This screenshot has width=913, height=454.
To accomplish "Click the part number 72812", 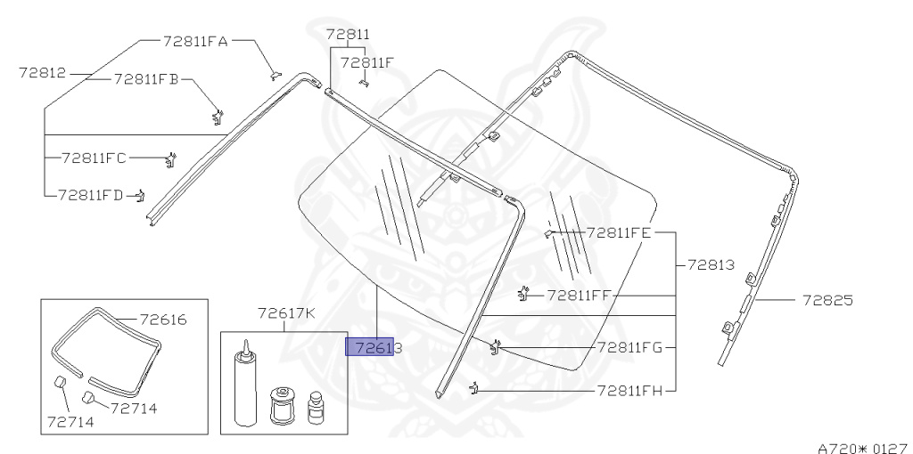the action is click(x=43, y=73).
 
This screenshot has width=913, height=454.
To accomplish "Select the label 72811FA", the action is click(x=195, y=41).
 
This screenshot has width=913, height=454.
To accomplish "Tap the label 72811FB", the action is click(x=146, y=79).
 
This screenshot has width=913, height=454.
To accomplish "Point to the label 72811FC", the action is click(x=94, y=158).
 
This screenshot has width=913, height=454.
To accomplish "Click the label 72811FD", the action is click(x=91, y=195).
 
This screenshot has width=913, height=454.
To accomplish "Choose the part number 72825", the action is click(x=827, y=301).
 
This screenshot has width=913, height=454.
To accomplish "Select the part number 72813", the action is click(x=711, y=265).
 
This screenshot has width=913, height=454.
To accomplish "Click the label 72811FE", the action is click(x=619, y=233).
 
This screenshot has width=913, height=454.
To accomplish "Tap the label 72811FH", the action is click(x=630, y=391).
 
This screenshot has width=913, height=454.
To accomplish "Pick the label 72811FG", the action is click(x=630, y=347).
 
